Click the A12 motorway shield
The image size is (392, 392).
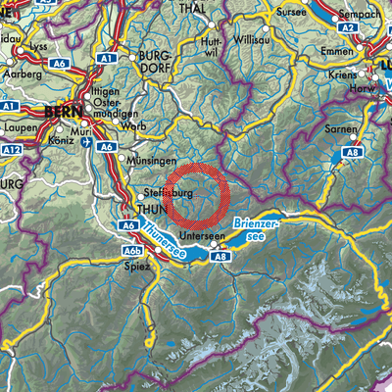(11, 148)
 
